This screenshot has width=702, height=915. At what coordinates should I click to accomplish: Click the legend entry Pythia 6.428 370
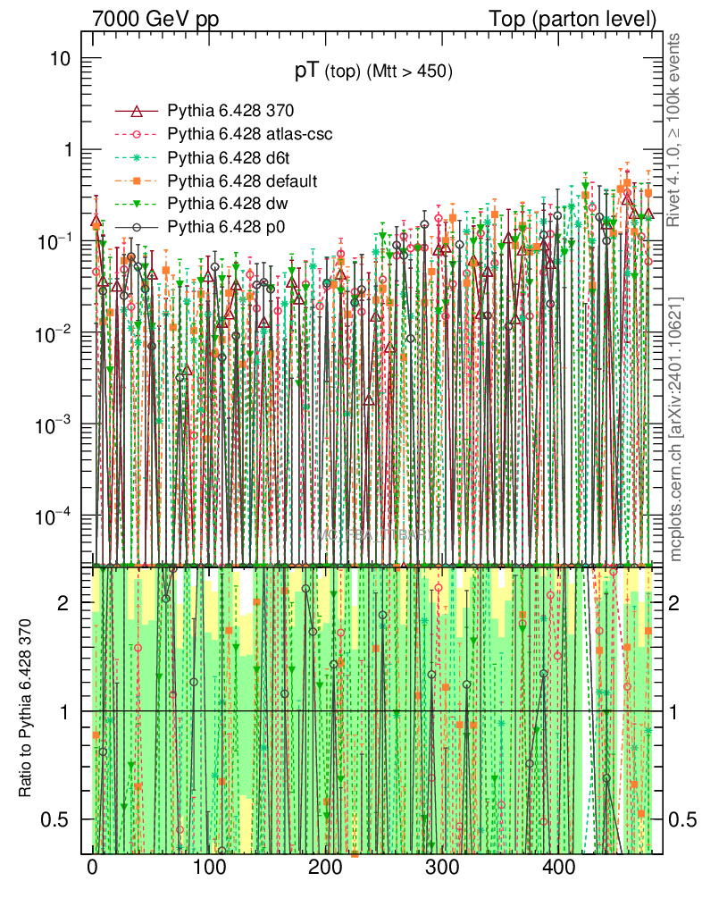click(x=230, y=111)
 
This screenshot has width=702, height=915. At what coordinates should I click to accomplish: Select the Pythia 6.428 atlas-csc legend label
click(x=249, y=134)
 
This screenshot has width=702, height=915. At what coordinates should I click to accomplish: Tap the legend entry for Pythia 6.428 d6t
click(x=230, y=158)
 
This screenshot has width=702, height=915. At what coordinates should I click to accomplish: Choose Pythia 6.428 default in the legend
click(x=242, y=181)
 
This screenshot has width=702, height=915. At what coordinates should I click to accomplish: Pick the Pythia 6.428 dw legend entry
click(x=228, y=205)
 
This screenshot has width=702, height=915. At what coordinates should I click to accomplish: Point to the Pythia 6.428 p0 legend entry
click(x=226, y=228)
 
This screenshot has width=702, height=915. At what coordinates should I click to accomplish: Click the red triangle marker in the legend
click(x=137, y=111)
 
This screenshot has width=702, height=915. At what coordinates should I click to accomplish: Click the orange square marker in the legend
click(x=137, y=181)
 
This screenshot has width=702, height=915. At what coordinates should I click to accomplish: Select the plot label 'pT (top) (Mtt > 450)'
click(x=375, y=72)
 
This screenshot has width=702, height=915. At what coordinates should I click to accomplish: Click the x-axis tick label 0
click(x=93, y=869)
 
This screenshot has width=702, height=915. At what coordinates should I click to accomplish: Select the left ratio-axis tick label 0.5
click(x=55, y=819)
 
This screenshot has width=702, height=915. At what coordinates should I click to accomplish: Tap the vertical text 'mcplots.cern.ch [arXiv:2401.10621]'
click(x=676, y=429)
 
